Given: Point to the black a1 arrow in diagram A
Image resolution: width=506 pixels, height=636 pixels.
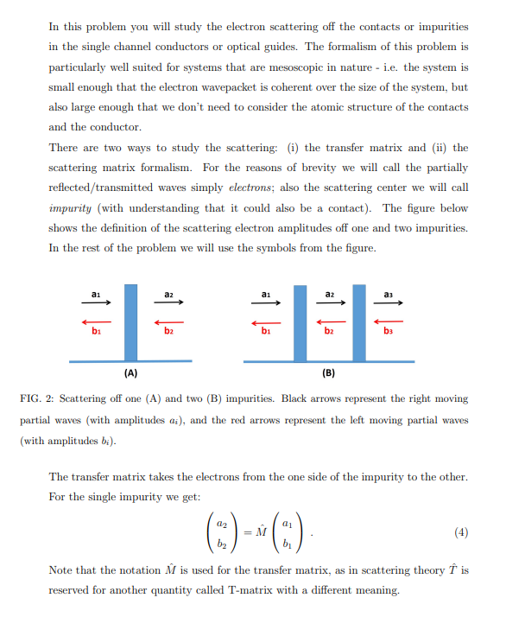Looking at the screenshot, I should click(98, 302).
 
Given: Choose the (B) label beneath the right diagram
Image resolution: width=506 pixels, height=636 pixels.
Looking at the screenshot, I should click(329, 373).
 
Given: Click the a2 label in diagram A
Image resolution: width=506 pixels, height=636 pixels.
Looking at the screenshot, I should click(166, 294).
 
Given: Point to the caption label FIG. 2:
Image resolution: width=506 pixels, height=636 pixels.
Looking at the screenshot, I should click(38, 399).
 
